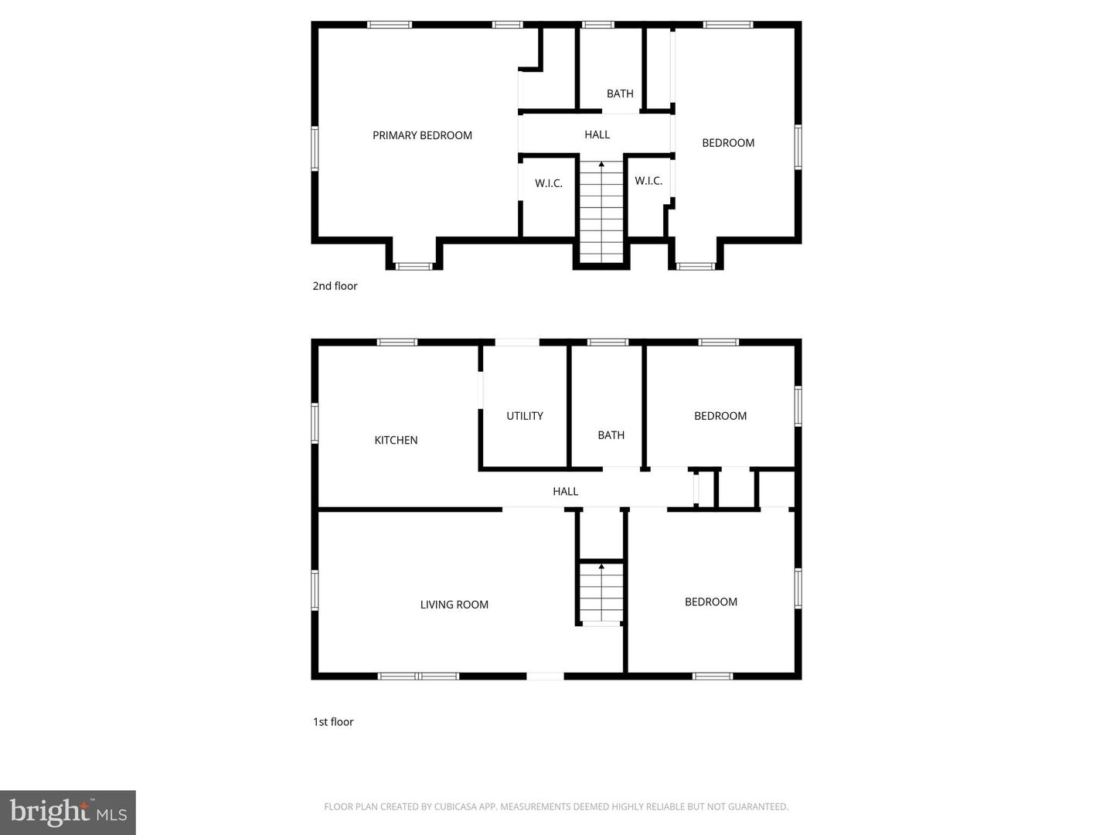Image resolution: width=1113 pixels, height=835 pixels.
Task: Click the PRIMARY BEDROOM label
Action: point(422,135)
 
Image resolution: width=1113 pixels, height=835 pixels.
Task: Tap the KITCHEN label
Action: point(396,440)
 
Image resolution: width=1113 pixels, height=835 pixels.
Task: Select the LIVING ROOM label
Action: point(454,605)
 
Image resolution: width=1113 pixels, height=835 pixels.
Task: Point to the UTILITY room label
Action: point(524,416)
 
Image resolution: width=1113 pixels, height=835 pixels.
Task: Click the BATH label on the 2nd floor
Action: point(619,94)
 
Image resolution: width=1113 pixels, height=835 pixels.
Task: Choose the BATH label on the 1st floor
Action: point(611,435)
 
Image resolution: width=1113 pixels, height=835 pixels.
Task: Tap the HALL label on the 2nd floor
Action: point(597,135)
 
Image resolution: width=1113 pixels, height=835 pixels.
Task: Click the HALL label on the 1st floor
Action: point(565,491)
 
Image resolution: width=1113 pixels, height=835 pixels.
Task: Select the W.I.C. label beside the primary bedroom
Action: point(548,183)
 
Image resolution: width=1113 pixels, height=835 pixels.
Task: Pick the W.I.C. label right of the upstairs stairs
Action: point(648,181)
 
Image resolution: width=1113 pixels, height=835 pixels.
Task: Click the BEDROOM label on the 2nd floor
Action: point(727,143)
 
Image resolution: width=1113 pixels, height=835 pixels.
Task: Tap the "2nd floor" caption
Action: point(335,286)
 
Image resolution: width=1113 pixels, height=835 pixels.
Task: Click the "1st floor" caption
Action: point(333,722)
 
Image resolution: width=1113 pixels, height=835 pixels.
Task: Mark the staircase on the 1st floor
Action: point(601,592)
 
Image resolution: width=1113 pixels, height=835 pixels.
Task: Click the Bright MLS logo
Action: point(68,812)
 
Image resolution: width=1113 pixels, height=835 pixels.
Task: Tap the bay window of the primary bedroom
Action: point(414,266)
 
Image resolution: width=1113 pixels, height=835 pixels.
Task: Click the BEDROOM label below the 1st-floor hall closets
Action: point(710,602)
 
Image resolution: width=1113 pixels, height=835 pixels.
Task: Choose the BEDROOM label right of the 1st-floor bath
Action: point(720,416)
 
